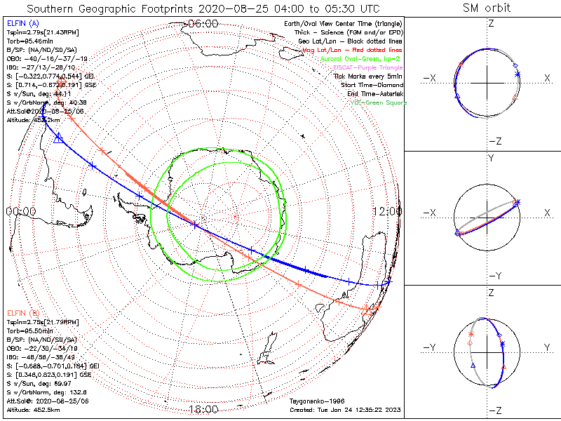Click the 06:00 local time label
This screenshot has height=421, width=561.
(203, 23)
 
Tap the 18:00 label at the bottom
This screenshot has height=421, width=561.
(203, 409)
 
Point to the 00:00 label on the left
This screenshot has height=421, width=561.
(20, 211)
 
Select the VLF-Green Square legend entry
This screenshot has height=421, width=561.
(379, 103)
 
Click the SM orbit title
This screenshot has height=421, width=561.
(487, 8)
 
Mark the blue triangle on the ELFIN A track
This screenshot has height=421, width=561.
(58, 138)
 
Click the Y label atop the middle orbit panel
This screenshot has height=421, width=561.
(490, 159)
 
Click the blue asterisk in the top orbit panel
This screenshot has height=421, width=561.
(517, 74)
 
